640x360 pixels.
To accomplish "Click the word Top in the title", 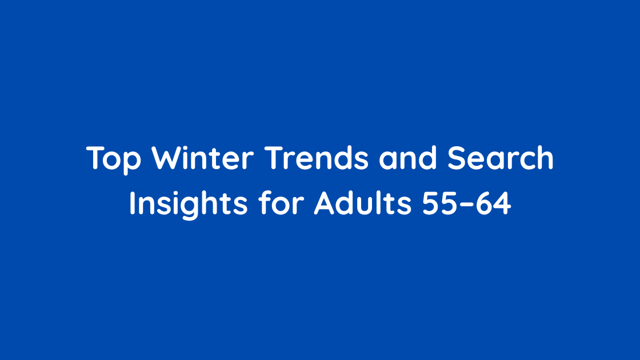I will click(x=114, y=159).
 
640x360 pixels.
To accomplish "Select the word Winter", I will click(x=202, y=159).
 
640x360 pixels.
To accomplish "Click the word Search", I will click(x=501, y=159).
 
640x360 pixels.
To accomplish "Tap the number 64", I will click(x=493, y=204).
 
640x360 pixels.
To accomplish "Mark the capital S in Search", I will click(x=458, y=159).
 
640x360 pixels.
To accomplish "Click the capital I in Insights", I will click(x=132, y=203).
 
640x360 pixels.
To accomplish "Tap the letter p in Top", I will click(x=132, y=162).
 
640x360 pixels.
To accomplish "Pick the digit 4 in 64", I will click(x=502, y=204).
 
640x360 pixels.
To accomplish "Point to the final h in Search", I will click(x=546, y=159).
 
